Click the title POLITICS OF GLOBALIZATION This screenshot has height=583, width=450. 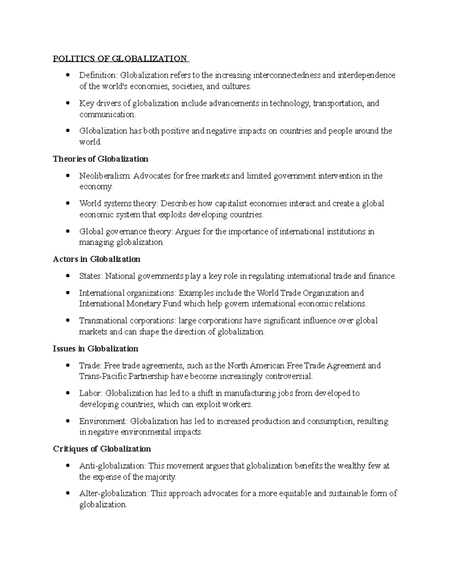coord(120,59)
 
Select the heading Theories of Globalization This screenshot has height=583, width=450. coord(100,159)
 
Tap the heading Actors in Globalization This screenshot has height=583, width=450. coord(96,259)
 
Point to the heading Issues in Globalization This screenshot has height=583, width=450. coord(95,349)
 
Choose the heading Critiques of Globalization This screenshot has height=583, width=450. coord(102,449)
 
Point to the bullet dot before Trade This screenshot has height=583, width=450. coord(68,365)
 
